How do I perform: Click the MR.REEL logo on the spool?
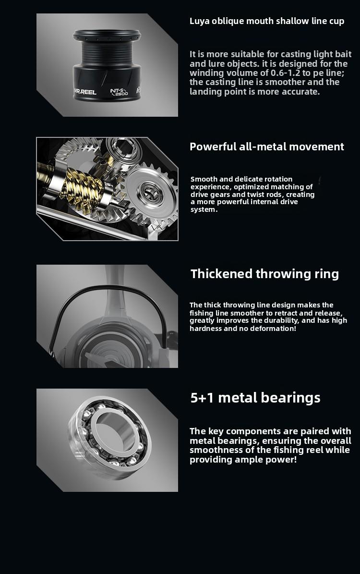(x=85, y=92)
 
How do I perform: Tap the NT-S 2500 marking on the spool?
(x=119, y=92)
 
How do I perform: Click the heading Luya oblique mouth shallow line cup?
(x=267, y=21)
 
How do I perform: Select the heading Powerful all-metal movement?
(x=267, y=147)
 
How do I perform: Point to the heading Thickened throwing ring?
(x=264, y=274)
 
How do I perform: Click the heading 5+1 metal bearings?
(x=255, y=398)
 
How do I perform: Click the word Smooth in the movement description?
(x=204, y=179)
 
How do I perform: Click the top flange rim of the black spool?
(x=107, y=36)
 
